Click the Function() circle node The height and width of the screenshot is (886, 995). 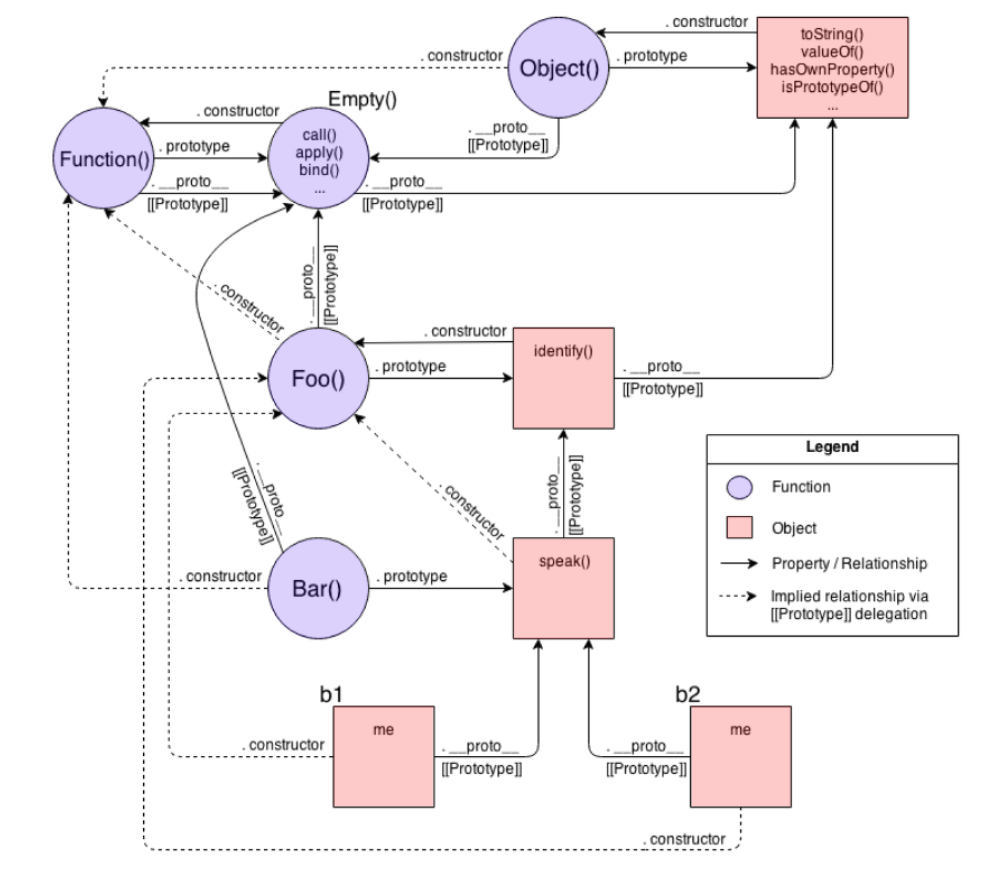(x=103, y=159)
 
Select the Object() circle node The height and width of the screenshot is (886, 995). (x=558, y=68)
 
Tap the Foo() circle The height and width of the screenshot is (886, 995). (x=318, y=379)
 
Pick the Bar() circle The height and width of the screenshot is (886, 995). (x=318, y=589)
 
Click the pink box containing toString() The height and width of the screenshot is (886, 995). (x=832, y=68)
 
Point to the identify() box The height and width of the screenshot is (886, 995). (x=564, y=379)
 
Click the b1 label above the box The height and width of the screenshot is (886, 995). (x=331, y=694)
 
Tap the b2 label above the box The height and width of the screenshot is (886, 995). (x=688, y=694)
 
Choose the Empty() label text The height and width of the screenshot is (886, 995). (x=362, y=100)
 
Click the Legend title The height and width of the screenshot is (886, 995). (x=832, y=447)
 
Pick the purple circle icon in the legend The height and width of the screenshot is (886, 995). (x=740, y=488)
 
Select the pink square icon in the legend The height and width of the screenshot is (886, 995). (x=740, y=528)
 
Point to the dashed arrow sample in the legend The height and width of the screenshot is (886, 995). (x=738, y=596)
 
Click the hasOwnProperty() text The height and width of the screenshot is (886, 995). (x=832, y=70)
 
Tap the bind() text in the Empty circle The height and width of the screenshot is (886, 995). (x=319, y=170)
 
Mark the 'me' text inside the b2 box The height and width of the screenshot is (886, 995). (x=740, y=730)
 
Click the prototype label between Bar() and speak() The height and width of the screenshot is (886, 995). (x=415, y=576)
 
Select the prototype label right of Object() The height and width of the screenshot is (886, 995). (x=655, y=56)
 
